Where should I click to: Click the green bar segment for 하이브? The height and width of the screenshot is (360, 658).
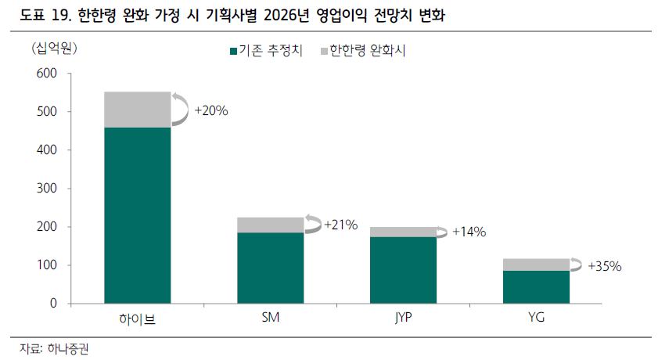point(138,215)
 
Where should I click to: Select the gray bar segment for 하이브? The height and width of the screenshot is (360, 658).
point(138,110)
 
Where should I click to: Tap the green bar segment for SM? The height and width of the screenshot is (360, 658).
point(270,268)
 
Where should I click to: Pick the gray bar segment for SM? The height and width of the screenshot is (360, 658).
point(270,225)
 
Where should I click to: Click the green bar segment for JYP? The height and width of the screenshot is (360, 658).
point(403,270)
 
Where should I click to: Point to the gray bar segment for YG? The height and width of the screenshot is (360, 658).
point(536,265)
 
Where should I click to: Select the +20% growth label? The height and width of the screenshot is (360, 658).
point(211,111)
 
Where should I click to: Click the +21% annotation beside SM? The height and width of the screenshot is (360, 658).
point(341,225)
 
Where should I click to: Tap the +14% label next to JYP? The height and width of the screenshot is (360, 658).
point(469,232)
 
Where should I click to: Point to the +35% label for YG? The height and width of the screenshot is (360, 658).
point(605,266)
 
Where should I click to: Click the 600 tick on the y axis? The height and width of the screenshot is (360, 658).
point(47,74)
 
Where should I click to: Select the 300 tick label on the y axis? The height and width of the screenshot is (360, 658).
point(47,189)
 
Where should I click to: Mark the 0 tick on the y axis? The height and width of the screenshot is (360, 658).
point(53,304)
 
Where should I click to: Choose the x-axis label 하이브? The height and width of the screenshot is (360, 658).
point(137,319)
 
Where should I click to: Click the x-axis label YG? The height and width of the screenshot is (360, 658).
point(536,317)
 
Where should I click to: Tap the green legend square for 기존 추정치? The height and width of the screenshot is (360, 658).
point(234,51)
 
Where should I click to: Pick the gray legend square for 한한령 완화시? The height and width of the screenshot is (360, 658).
point(324,51)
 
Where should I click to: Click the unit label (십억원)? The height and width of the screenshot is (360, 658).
point(54,49)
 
